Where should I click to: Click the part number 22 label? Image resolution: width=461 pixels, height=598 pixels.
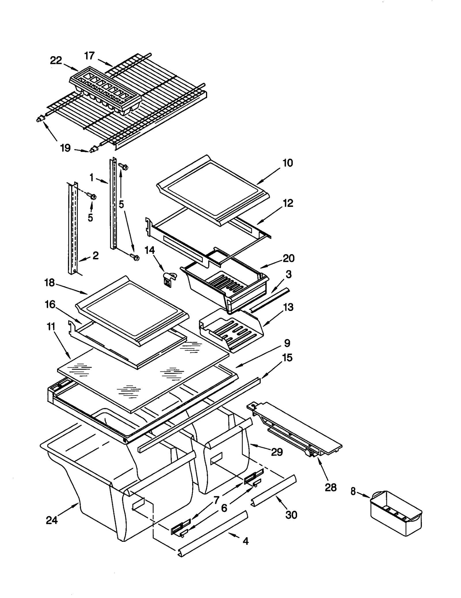tap(56, 61)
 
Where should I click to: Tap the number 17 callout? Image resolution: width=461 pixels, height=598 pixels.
tap(90, 56)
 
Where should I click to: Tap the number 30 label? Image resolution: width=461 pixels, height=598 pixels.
tap(291, 515)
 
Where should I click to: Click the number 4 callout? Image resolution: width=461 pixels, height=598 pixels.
tap(245, 541)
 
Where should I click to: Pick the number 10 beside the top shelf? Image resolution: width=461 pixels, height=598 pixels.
tap(288, 163)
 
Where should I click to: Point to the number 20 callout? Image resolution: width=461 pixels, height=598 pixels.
tap(288, 258)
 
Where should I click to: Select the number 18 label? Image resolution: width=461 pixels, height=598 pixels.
tap(50, 283)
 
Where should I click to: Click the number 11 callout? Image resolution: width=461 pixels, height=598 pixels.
tap(51, 327)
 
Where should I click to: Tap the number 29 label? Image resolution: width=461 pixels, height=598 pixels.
tap(277, 452)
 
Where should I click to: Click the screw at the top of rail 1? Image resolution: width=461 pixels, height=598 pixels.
tap(124, 167)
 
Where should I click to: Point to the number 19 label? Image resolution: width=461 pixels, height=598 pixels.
tap(65, 148)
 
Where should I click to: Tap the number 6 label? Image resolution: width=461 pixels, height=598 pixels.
tap(224, 508)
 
